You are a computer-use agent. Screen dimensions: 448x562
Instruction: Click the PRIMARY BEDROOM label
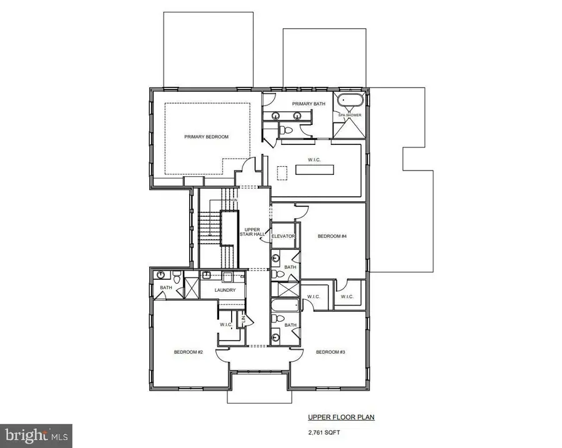click(206, 136)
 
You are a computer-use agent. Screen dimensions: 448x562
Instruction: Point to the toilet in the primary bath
click(286, 130)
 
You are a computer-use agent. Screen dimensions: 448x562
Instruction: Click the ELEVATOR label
click(283, 236)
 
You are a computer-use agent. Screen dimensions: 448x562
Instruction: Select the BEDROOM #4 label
click(332, 236)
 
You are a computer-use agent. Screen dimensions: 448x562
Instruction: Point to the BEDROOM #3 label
click(330, 352)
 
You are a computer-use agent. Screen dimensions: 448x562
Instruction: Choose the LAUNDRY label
click(224, 290)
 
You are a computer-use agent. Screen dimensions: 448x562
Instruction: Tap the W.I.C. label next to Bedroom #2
click(225, 324)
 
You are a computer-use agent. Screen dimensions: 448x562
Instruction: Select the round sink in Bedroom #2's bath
click(162, 274)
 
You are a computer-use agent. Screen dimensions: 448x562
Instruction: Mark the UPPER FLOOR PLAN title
click(340, 417)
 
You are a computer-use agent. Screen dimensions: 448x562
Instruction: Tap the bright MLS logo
click(36, 434)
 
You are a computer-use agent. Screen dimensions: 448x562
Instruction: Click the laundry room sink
click(229, 276)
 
